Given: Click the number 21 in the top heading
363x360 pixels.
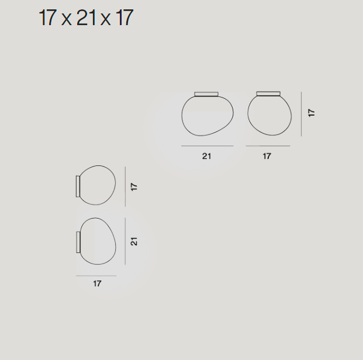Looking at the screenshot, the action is (x=86, y=18).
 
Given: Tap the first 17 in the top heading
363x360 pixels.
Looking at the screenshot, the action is (x=48, y=18).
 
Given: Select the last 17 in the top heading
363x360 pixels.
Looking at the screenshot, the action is (x=125, y=18).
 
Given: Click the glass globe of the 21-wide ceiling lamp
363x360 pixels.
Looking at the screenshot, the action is (x=182, y=116).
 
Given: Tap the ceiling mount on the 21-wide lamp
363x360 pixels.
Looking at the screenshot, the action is (x=206, y=94).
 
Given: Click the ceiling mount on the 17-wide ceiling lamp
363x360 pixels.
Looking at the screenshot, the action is (x=268, y=94).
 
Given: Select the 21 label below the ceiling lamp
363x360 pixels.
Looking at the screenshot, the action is (x=207, y=156).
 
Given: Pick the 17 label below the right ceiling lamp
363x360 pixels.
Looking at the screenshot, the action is (x=267, y=156).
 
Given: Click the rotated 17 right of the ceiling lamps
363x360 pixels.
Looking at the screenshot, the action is (x=312, y=113).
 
